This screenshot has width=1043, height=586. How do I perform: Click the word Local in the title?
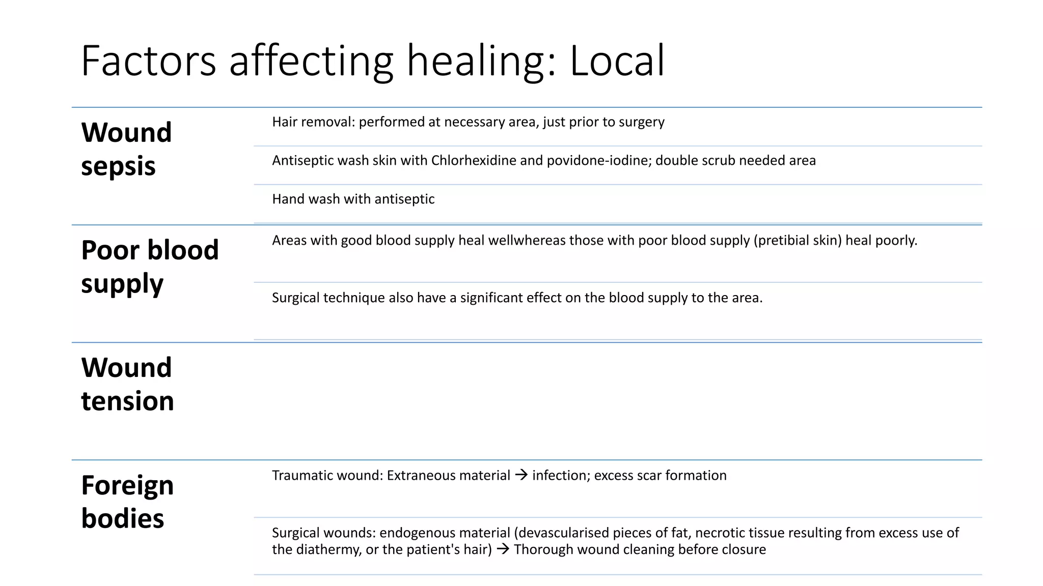tap(617, 61)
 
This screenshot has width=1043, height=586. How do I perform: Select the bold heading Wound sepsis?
tap(126, 149)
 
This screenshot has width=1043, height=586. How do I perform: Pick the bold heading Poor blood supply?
tap(150, 267)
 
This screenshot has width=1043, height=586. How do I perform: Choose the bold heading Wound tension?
tap(127, 384)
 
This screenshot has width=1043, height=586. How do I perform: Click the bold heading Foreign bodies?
tap(127, 502)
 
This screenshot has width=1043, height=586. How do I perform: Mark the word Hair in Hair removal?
tap(284, 122)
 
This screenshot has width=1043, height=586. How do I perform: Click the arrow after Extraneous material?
tap(521, 475)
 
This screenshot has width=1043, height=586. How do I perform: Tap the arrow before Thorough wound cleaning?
tap(503, 549)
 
